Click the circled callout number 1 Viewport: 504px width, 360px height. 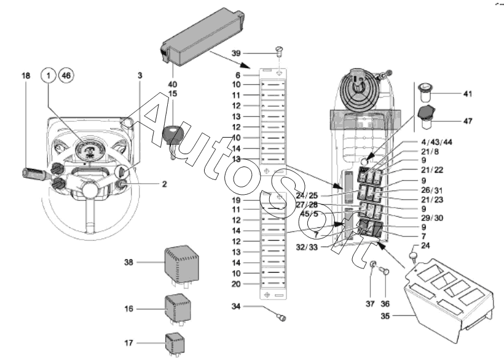48,76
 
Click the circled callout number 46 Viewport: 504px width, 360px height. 66,76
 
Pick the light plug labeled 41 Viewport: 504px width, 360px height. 423,93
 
